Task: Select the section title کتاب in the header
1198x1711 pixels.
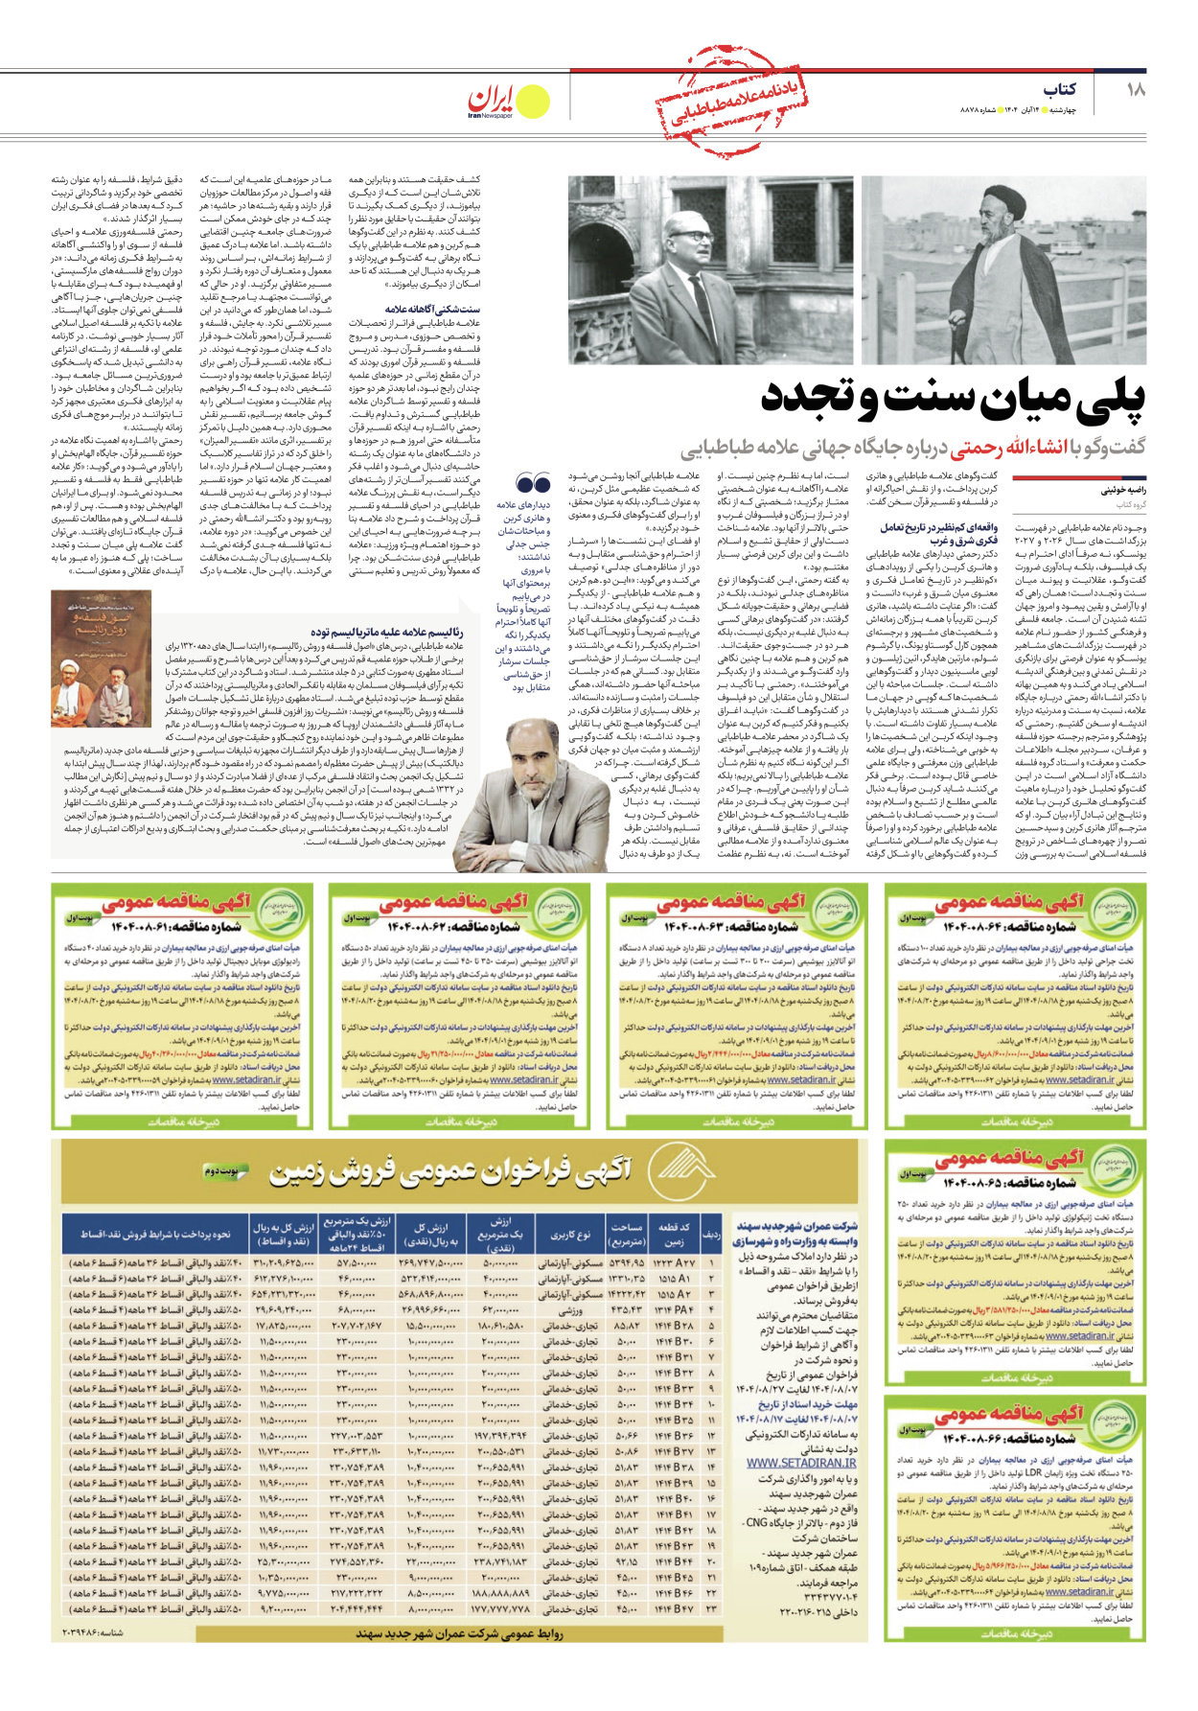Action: tap(1059, 89)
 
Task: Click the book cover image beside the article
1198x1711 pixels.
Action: tap(101, 659)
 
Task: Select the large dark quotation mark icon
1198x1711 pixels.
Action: tap(533, 483)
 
